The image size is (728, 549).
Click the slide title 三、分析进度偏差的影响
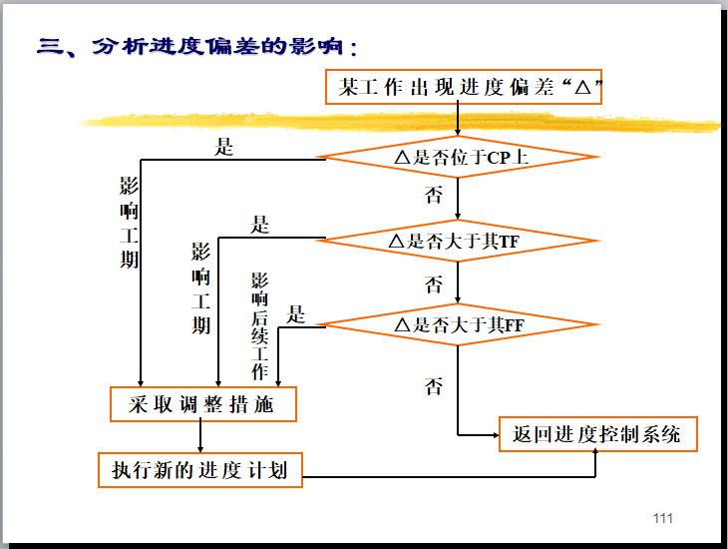tap(196, 47)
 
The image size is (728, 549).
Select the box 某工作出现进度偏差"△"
tap(465, 88)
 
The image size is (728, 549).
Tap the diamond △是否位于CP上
tap(457, 157)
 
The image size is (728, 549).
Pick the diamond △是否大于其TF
tap(457, 241)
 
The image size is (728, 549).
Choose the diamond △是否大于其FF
tap(457, 324)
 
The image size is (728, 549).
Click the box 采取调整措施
tap(202, 404)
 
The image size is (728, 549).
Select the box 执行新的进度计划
tap(199, 469)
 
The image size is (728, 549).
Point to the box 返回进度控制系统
tap(596, 434)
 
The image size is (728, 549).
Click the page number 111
tap(662, 518)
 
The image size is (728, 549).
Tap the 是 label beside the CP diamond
tap(224, 148)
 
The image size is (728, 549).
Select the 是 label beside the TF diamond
tap(260, 225)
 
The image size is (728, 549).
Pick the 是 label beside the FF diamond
tap(296, 314)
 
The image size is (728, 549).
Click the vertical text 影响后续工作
tap(260, 325)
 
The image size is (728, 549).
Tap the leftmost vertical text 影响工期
tap(130, 223)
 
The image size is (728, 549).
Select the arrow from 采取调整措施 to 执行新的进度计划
tap(201, 436)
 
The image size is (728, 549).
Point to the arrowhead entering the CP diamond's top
tap(457, 130)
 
